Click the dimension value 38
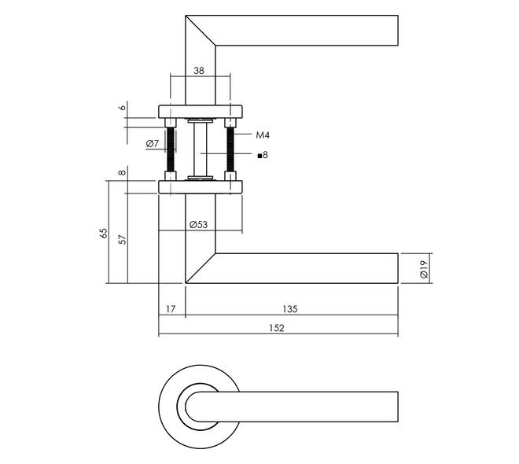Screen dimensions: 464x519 pos(199,70)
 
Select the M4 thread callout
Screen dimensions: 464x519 pos(263,135)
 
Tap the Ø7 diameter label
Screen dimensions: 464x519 pos(153,143)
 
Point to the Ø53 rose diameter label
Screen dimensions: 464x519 pos(198,224)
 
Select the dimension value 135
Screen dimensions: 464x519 pos(290,309)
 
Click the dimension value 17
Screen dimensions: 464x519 pos(171,309)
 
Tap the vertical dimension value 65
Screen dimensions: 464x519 pos(103,233)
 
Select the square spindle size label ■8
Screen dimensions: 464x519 pos(262,155)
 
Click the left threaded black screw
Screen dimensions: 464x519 pos(168,149)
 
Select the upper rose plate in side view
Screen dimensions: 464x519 pos(200,111)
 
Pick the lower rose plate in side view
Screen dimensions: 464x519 pos(200,186)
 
